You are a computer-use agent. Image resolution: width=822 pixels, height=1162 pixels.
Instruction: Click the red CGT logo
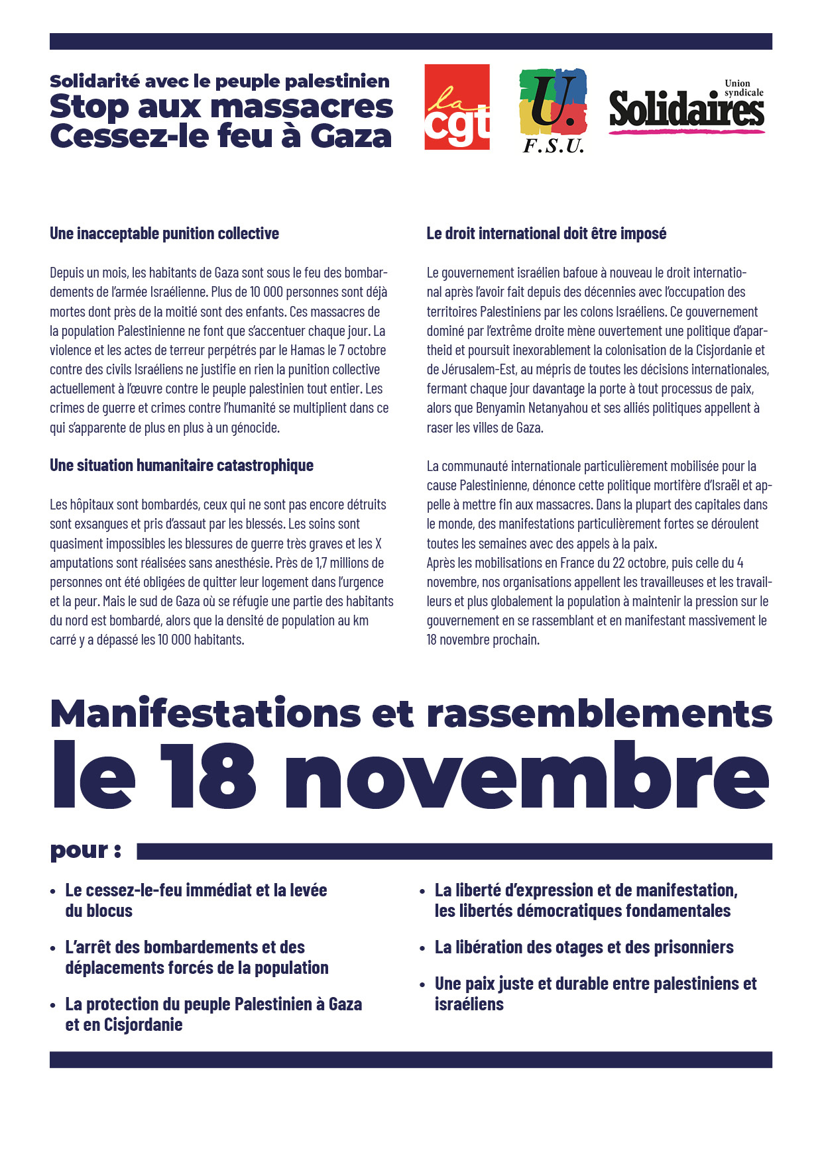(457, 107)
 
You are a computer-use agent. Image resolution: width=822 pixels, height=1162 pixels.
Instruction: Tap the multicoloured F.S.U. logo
(553, 110)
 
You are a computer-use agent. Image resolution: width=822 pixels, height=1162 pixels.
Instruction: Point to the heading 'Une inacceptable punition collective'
(164, 233)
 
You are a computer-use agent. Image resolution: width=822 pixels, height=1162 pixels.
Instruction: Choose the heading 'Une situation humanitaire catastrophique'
(182, 465)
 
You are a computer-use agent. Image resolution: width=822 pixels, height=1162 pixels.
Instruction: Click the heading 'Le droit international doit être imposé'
(546, 233)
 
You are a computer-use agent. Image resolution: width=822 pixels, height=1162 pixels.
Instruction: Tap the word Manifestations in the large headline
(206, 714)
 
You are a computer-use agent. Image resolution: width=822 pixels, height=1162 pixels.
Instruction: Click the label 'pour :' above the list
(86, 851)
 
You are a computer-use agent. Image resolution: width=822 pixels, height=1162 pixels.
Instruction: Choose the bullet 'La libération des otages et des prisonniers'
(583, 947)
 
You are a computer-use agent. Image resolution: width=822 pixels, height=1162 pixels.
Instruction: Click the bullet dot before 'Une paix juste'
(423, 985)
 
